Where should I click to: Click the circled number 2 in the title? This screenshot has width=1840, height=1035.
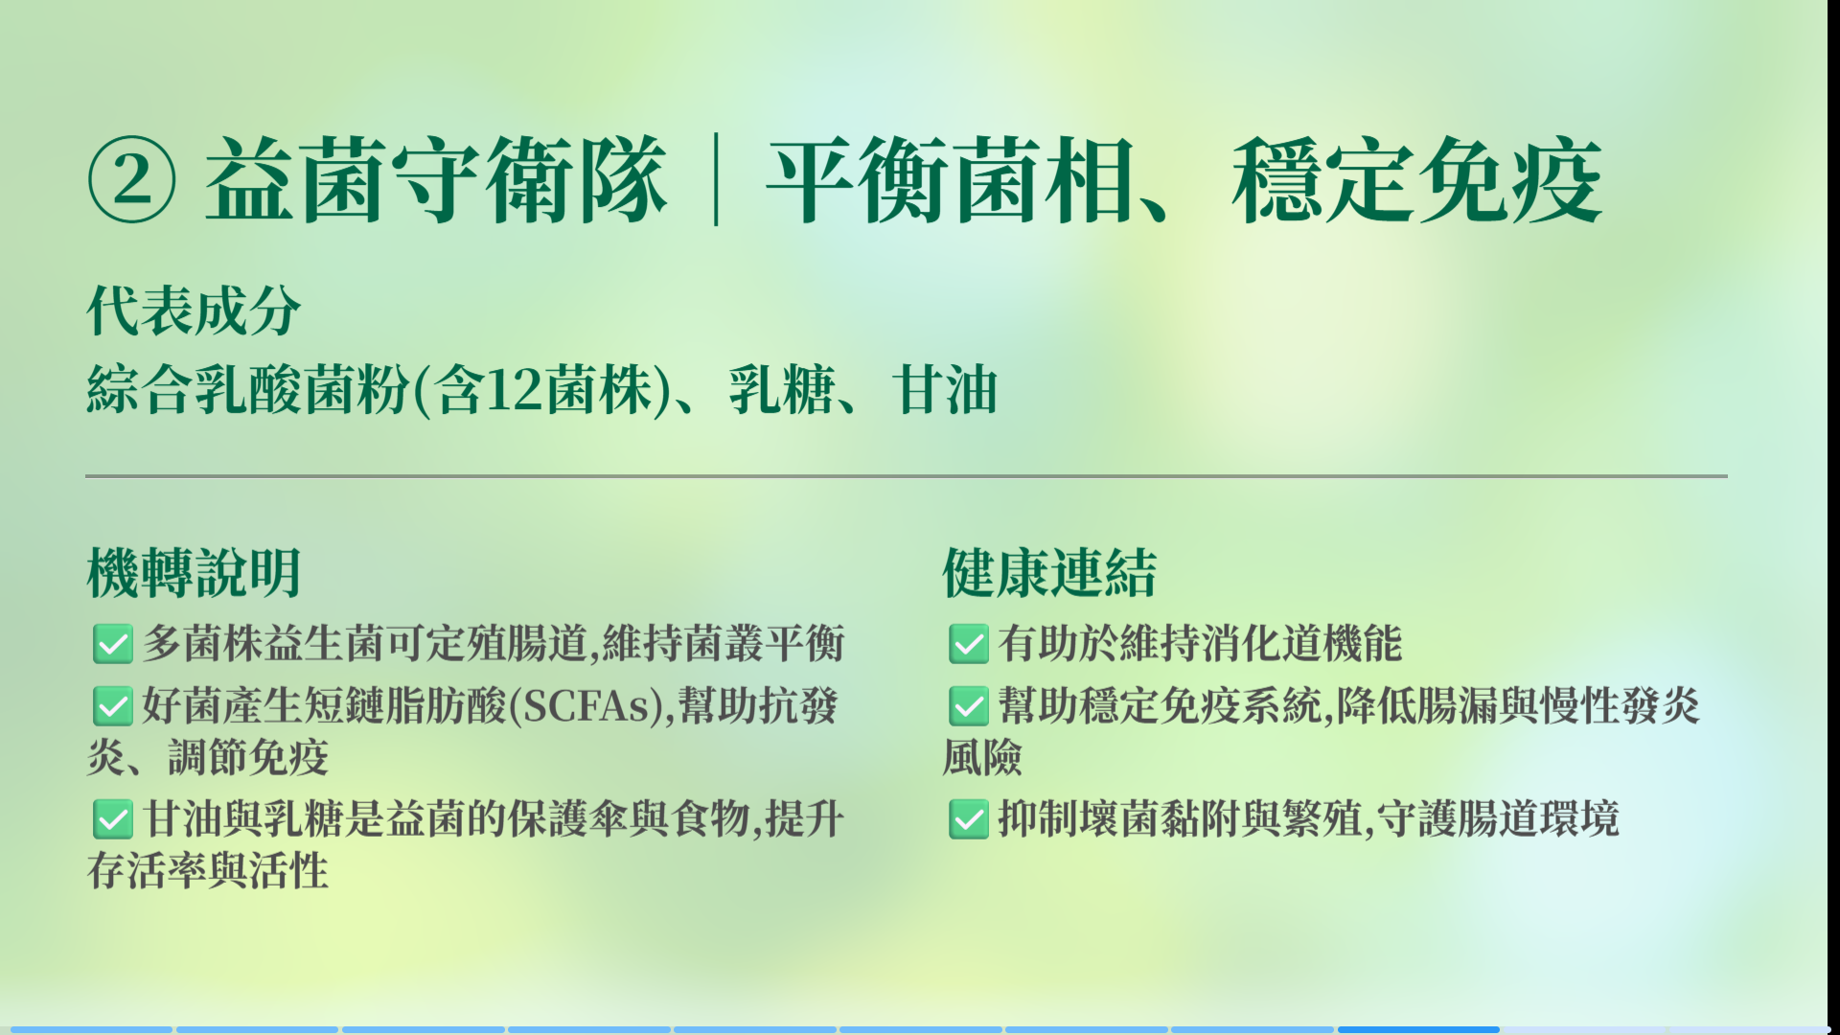pos(132,180)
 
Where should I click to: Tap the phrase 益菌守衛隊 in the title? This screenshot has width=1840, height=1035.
pos(436,180)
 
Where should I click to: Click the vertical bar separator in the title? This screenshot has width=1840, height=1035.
pos(716,180)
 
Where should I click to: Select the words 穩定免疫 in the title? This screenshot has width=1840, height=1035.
pos(1417,180)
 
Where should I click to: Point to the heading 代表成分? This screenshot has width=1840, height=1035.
pos(194,310)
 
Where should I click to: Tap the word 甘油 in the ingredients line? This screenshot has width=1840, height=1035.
pos(945,390)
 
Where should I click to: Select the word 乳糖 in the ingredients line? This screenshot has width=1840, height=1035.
pos(782,390)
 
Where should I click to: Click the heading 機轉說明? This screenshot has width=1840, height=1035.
pos(194,573)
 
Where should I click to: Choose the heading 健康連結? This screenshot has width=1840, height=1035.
pos(1049,573)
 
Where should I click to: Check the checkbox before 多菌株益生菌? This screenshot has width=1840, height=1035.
pos(113,644)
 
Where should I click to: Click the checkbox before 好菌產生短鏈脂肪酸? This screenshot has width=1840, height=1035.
pos(113,706)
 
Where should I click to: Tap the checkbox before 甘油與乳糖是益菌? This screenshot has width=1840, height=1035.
pos(113,819)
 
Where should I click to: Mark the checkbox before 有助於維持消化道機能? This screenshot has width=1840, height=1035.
pos(969,644)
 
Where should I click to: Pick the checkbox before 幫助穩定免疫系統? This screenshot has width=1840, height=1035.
pos(969,706)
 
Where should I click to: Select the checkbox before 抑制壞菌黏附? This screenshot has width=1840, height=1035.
pos(969,819)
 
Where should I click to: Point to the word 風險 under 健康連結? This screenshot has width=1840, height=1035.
pos(982,758)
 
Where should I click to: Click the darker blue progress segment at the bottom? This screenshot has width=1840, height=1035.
pos(1418,1030)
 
